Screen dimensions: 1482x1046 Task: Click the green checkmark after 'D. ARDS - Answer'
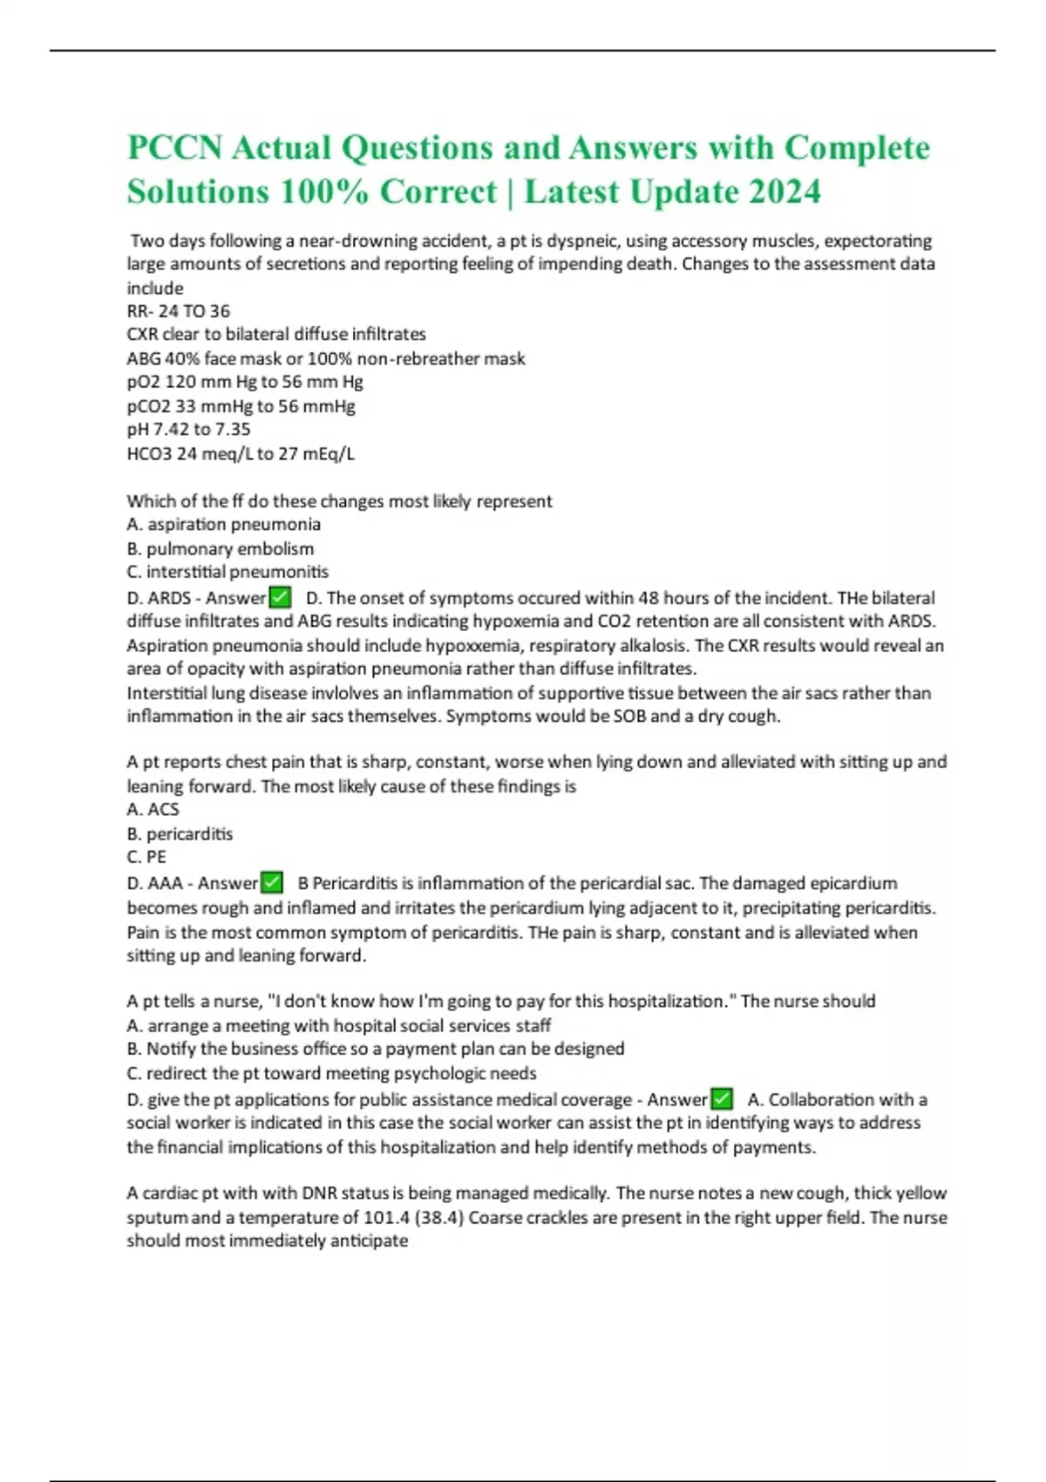coord(280,597)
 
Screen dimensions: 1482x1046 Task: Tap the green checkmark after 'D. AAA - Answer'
coord(272,882)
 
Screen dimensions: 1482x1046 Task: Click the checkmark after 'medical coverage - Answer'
coord(721,1098)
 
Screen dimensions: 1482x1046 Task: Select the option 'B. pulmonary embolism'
coord(220,548)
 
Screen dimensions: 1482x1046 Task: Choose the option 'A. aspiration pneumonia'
coord(223,524)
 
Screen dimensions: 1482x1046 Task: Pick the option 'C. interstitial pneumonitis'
coord(228,572)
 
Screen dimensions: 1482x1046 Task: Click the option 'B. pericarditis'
coord(180,833)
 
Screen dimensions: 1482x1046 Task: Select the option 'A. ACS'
coord(153,809)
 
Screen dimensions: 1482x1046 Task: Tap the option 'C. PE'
coord(146,857)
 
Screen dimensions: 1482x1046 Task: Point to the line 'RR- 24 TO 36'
coord(179,311)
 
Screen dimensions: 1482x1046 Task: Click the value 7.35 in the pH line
coord(233,429)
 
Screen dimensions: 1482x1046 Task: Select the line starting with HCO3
coord(241,453)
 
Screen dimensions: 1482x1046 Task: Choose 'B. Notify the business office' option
coord(375,1049)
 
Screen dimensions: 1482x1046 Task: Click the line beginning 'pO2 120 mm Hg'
coord(245,382)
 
